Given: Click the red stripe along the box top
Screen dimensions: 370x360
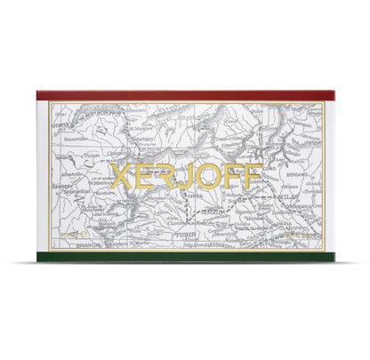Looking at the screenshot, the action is coord(185,94).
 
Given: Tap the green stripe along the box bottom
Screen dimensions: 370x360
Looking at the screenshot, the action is coord(185,257).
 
